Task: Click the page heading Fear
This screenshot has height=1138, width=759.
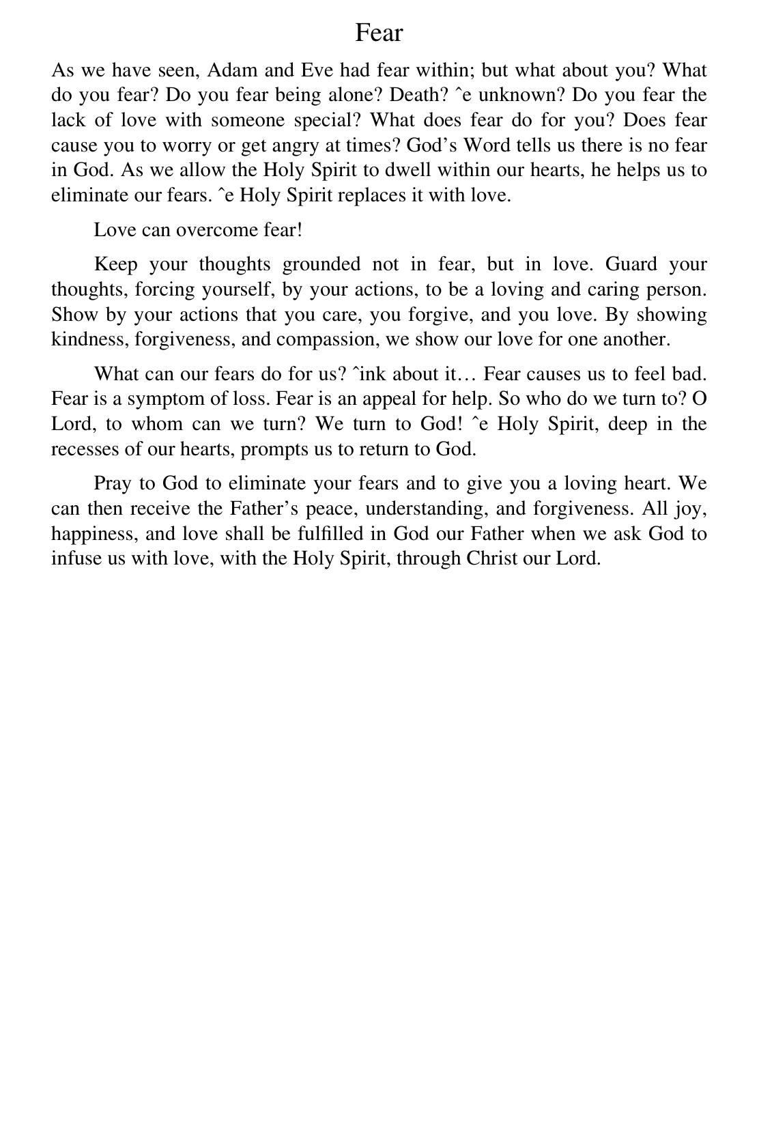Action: (379, 33)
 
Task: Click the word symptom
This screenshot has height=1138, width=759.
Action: (166, 399)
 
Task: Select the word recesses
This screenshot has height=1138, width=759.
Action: (80, 449)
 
